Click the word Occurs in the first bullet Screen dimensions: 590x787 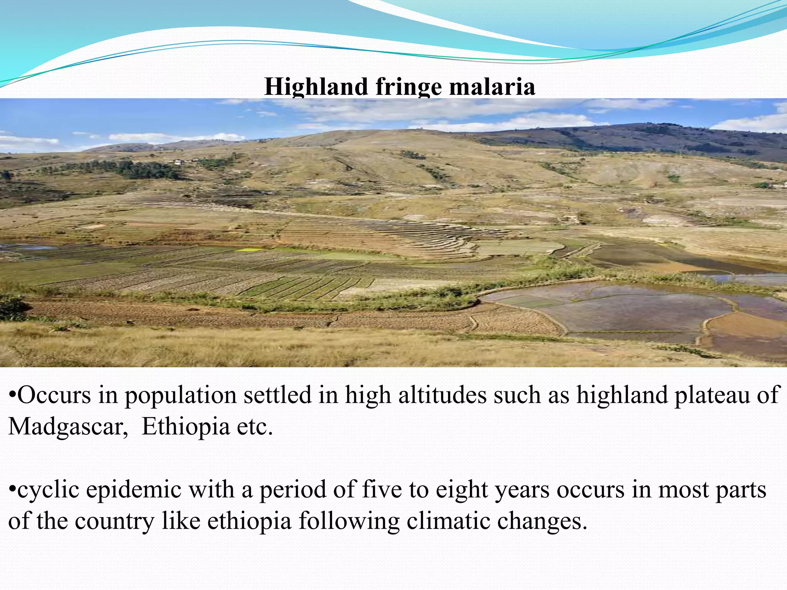coord(54,395)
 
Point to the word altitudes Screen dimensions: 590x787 coord(442,395)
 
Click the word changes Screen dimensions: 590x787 coord(542,521)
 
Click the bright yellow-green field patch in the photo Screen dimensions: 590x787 coord(250,250)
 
